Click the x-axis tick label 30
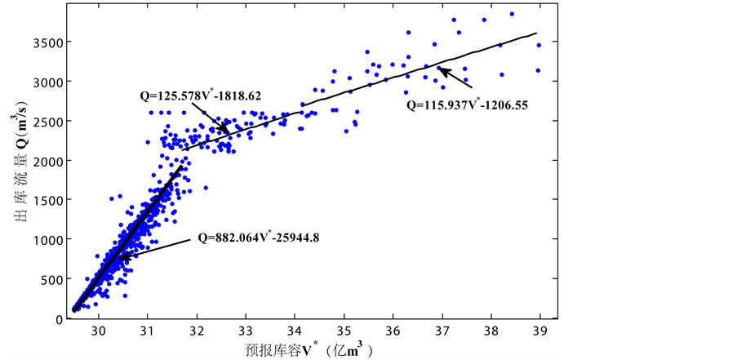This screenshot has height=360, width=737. [98, 331]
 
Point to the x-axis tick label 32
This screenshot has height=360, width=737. [197, 331]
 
